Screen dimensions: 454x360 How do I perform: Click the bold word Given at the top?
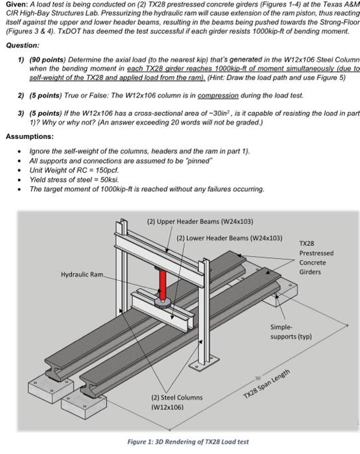point(16,5)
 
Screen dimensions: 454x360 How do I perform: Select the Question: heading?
point(22,45)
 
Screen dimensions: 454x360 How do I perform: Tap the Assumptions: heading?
point(29,136)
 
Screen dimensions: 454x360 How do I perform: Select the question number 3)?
point(21,111)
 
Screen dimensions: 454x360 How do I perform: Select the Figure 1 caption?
point(188,442)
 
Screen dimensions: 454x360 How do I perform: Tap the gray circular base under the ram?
point(163,302)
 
